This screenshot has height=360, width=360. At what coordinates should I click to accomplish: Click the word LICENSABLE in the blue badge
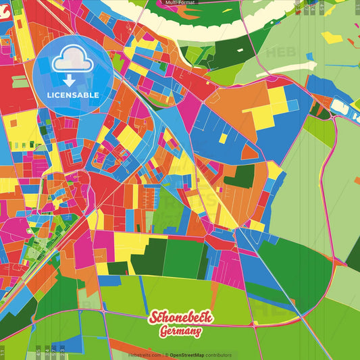(x=73, y=95)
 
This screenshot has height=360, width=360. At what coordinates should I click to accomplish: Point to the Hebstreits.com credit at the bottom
(x=145, y=355)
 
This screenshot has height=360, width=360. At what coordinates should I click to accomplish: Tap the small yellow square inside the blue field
(x=223, y=138)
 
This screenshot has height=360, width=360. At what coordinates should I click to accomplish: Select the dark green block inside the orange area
(x=240, y=175)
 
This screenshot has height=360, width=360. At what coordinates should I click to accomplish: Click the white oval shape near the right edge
(x=338, y=105)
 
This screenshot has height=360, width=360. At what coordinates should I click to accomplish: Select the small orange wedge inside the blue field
(x=249, y=153)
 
